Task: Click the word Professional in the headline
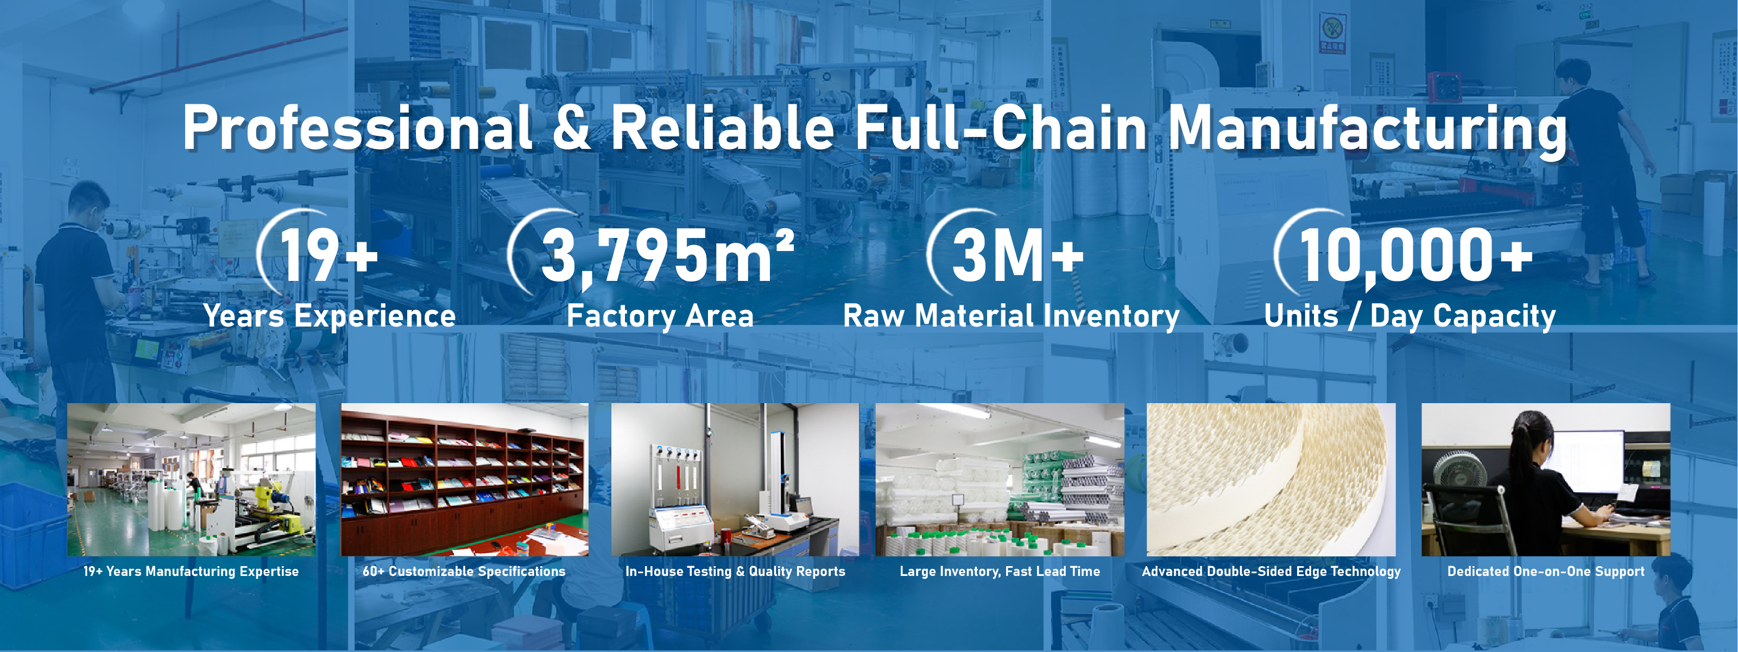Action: pyautogui.click(x=358, y=128)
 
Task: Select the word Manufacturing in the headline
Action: pyautogui.click(x=1367, y=130)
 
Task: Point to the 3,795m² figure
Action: pyautogui.click(x=668, y=256)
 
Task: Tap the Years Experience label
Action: pyautogui.click(x=330, y=316)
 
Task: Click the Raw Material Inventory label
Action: pyautogui.click(x=1012, y=316)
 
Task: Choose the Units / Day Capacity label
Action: pyautogui.click(x=1410, y=316)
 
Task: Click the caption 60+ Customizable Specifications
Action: pyautogui.click(x=464, y=571)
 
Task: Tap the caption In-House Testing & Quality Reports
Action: pyautogui.click(x=735, y=571)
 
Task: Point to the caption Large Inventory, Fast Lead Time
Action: pyautogui.click(x=1000, y=571)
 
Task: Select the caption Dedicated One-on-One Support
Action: pyautogui.click(x=1546, y=571)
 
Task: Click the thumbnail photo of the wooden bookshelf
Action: pyautogui.click(x=464, y=480)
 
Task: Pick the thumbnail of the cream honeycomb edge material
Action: pyautogui.click(x=1271, y=480)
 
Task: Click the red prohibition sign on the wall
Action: pyautogui.click(x=1332, y=33)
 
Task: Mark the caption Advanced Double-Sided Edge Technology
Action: pyautogui.click(x=1271, y=571)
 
